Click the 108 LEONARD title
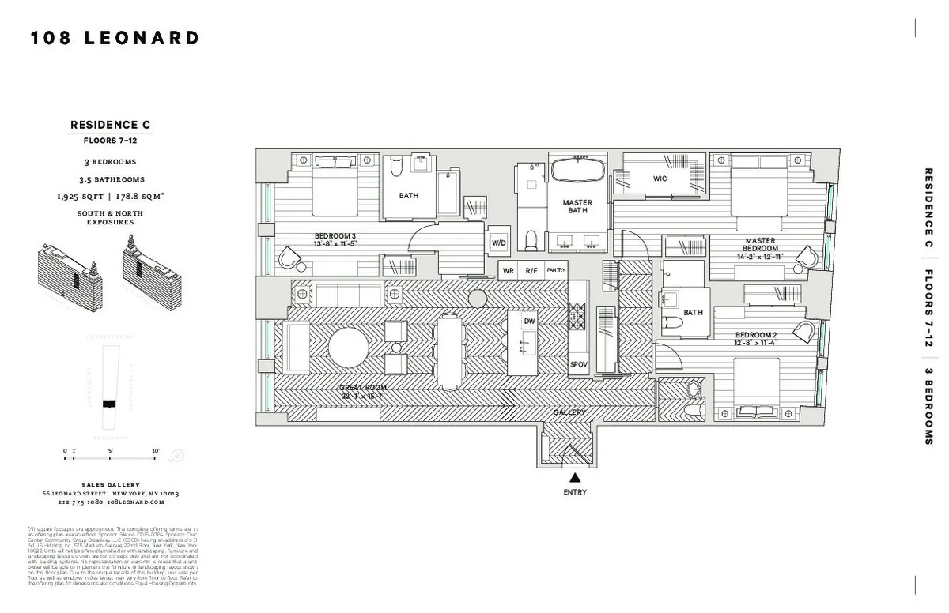115,38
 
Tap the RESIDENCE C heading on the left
110,125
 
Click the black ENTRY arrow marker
575,477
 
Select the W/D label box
499,243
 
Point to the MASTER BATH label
577,207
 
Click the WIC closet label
660,179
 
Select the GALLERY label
569,412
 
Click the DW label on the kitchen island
530,322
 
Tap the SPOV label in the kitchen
579,364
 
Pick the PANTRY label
556,270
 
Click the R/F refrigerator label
531,270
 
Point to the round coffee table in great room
349,348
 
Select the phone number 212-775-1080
80,502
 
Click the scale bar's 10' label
156,451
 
